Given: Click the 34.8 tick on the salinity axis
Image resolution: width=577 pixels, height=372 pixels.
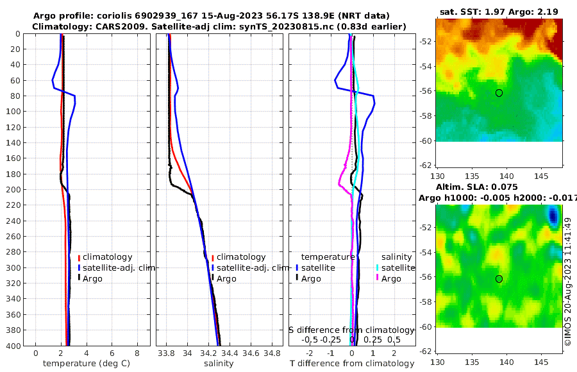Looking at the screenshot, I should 272,353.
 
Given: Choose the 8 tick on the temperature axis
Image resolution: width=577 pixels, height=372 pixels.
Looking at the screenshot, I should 137,353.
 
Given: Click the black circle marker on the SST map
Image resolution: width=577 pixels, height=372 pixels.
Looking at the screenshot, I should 499,93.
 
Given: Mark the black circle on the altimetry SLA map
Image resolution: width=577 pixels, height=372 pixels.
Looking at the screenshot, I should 499,279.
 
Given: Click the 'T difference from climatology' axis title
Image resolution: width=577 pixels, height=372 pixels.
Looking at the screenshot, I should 351,364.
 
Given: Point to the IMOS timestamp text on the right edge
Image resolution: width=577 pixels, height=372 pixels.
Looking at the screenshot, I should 568,282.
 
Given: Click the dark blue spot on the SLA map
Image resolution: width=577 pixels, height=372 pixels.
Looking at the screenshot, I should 553,216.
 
